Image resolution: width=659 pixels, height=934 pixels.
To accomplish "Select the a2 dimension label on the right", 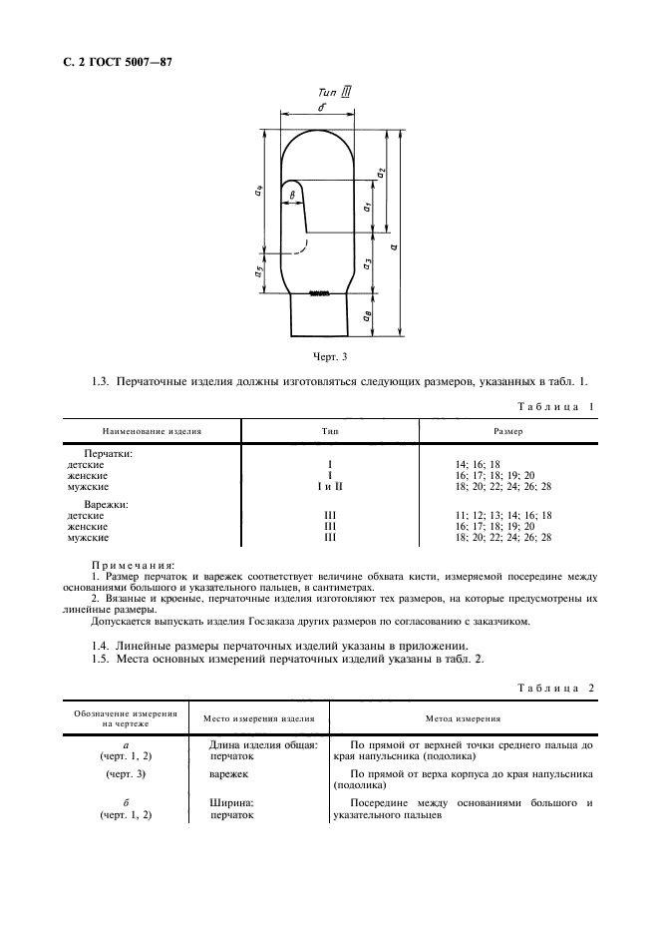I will [381, 173].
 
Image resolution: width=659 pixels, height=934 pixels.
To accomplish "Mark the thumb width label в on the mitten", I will [292, 197].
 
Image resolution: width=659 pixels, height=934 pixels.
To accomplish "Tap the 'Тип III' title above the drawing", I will [325, 92].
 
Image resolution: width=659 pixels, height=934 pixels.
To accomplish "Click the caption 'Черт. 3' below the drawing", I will [329, 355].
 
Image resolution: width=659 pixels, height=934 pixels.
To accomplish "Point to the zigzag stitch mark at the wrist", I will [319, 293].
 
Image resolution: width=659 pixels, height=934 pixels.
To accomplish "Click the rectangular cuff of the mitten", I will [319, 317].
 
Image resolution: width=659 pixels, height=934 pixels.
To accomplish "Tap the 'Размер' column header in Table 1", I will [508, 431].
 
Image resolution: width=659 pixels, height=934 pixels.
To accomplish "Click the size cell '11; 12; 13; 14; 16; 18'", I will [502, 516].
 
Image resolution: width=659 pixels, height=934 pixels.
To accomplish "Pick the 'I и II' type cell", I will [328, 487].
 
